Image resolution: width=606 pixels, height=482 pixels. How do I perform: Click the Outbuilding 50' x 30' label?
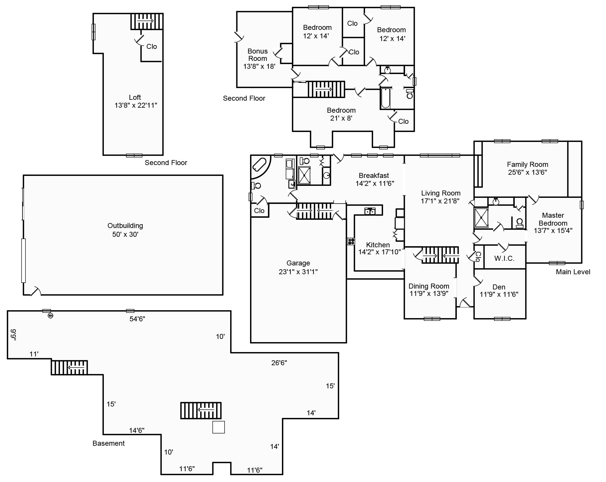tap(125, 230)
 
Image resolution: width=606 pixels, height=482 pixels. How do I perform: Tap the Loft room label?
tap(135, 97)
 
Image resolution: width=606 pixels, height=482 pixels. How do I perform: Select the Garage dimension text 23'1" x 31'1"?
tap(298, 272)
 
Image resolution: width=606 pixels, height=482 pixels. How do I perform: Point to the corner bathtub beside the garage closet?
tap(260, 165)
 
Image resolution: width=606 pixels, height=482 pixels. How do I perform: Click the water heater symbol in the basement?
tap(50, 316)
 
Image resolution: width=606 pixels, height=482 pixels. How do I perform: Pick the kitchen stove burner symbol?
tap(351, 241)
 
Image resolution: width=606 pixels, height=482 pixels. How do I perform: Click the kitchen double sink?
tap(370, 211)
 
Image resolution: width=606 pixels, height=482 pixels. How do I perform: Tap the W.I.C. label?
tap(504, 258)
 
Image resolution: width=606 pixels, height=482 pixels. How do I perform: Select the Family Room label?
tap(527, 164)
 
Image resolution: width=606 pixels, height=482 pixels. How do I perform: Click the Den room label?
tap(499, 287)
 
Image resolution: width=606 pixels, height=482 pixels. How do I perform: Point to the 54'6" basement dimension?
tap(137, 319)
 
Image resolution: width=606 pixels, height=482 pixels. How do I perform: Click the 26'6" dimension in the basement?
tap(279, 363)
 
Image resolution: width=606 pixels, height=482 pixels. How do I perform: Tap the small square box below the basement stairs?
tap(218, 427)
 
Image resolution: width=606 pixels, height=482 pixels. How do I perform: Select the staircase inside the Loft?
tap(147, 21)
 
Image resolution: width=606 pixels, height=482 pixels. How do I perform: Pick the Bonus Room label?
tap(258, 55)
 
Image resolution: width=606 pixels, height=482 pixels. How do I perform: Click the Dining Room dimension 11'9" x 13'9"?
tap(429, 294)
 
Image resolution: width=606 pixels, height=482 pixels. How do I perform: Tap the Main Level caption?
tap(573, 272)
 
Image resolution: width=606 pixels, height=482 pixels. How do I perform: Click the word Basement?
tap(109, 443)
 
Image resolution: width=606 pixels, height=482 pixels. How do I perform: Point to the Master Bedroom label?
tap(553, 219)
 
